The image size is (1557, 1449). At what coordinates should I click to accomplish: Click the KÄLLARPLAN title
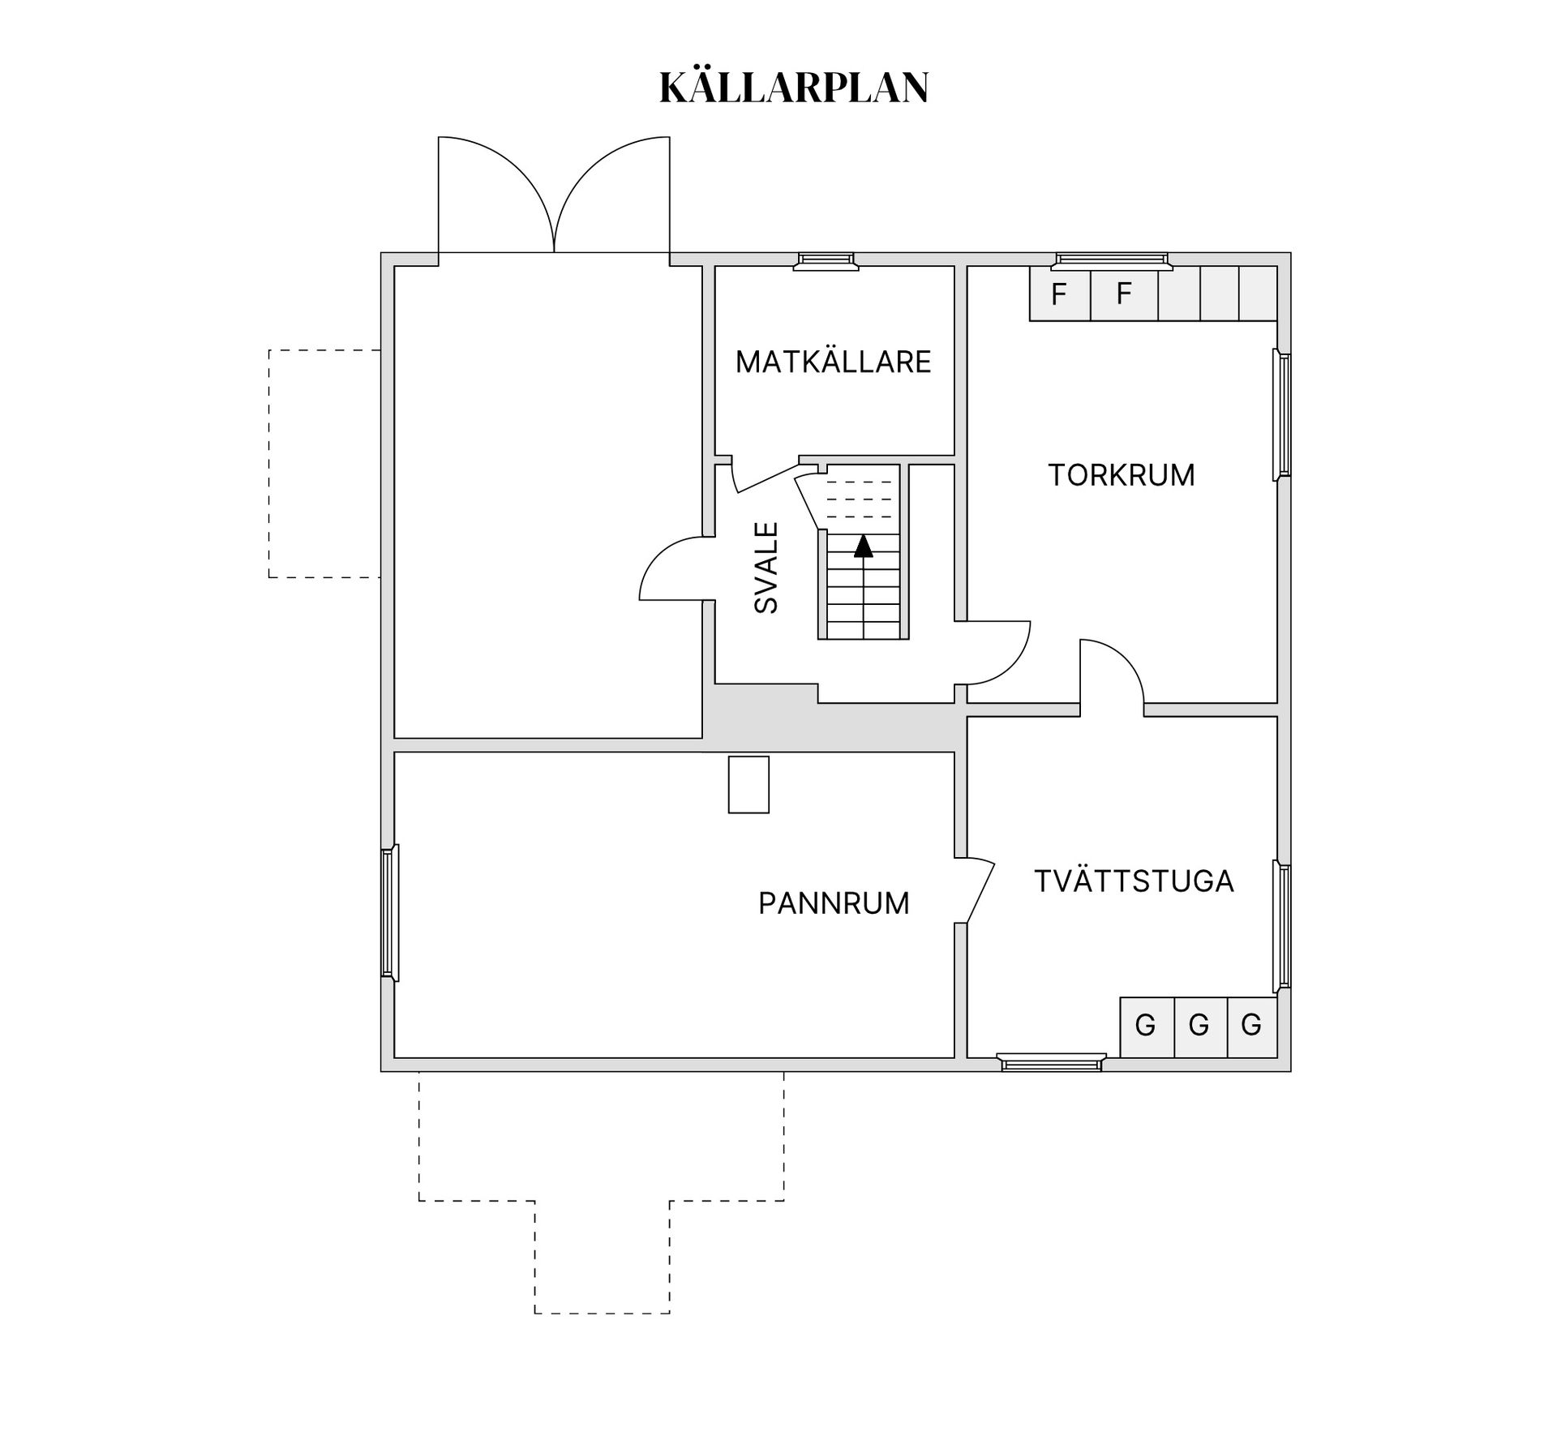pos(794,88)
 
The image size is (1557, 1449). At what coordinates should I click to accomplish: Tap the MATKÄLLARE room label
pos(833,362)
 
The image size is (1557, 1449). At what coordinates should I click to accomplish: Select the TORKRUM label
pos(1122,475)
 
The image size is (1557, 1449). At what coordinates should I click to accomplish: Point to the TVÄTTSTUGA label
pos(1134,881)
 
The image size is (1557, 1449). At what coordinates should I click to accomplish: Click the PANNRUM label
pos(834,903)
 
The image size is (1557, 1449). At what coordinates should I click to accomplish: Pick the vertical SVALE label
pos(766,568)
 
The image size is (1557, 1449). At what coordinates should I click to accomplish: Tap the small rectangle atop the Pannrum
pos(748,784)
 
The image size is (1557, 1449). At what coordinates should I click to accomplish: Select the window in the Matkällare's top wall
pos(826,260)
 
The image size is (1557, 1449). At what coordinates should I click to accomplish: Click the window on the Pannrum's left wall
pos(390,913)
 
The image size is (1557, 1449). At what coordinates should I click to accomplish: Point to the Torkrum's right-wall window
pos(1282,414)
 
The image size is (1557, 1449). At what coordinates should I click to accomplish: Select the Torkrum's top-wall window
pos(1112,260)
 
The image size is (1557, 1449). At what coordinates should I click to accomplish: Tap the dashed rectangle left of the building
pos(324,464)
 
